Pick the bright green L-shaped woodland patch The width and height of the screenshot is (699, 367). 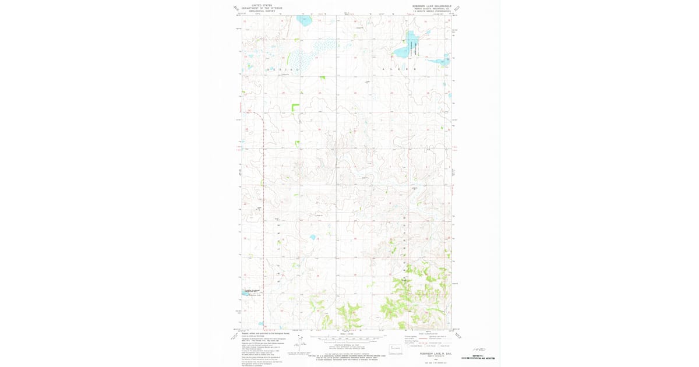pos(295,107)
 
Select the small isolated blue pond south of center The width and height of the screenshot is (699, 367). pos(313,237)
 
